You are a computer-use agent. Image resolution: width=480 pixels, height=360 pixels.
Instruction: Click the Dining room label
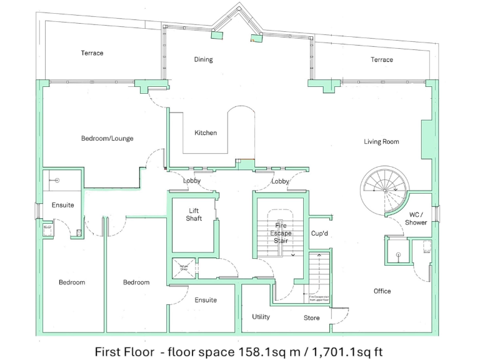click(x=203, y=60)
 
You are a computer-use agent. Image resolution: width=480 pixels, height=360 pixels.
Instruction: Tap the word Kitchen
click(x=206, y=133)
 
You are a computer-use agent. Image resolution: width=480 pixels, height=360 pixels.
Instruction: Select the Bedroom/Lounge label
click(x=107, y=139)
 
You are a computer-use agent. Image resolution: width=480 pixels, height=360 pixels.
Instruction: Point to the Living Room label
click(x=381, y=142)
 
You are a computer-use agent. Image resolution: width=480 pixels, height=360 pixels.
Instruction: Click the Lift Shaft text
click(x=194, y=214)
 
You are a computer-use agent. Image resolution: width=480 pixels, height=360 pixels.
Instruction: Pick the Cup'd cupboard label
click(x=319, y=233)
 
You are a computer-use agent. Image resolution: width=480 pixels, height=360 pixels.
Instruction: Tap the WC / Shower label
click(x=416, y=219)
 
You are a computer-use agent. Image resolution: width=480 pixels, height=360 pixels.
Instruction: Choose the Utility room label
click(x=261, y=317)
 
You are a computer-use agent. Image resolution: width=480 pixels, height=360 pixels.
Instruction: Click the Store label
click(x=311, y=318)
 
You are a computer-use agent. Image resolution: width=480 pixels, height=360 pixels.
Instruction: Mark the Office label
click(x=382, y=291)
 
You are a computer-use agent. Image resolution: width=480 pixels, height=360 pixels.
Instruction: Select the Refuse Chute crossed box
click(x=184, y=268)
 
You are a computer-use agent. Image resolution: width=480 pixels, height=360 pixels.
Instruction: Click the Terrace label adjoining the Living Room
click(x=381, y=60)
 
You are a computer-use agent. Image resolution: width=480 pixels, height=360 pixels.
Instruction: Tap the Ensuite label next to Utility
click(x=206, y=301)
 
